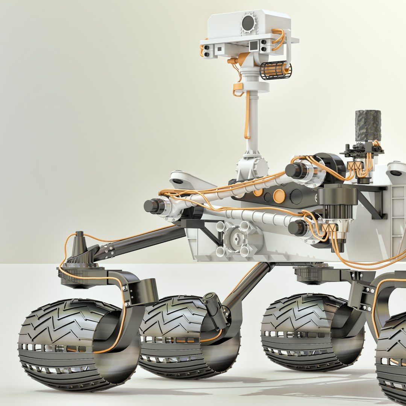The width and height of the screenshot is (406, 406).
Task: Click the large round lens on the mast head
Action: (248, 23)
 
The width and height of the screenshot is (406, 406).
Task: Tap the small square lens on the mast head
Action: (254, 45)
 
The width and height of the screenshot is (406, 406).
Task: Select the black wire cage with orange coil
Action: (276, 70)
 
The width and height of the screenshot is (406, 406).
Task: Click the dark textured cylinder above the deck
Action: (368, 125)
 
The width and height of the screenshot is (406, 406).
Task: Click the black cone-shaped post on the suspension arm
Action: (79, 244)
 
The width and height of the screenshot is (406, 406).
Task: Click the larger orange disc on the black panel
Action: (279, 195)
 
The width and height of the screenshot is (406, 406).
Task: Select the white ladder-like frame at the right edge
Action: (398, 218)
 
